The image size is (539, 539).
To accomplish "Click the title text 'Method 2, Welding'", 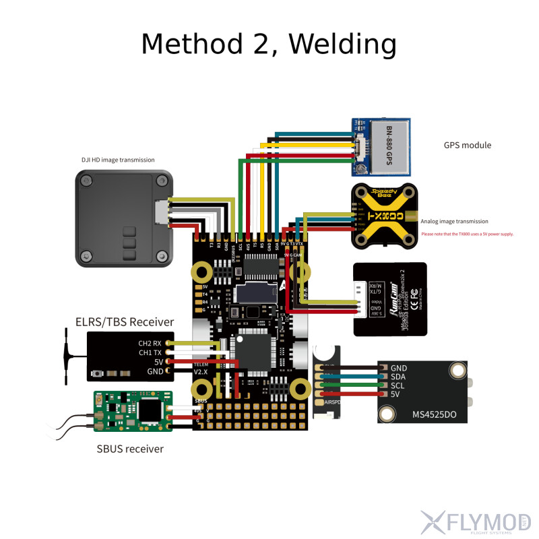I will [268, 44].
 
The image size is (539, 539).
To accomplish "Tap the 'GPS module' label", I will [467, 145].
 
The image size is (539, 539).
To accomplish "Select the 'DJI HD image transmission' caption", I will [118, 160].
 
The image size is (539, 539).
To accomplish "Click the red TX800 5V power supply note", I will [467, 234].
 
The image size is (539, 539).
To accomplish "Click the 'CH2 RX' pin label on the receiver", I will [150, 342].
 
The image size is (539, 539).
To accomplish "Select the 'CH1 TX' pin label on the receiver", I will [150, 352].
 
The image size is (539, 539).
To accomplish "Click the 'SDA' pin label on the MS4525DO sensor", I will [398, 377].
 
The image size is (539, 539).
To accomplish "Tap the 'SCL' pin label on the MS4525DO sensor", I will [398, 385].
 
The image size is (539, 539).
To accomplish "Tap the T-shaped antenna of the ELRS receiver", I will [67, 353].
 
